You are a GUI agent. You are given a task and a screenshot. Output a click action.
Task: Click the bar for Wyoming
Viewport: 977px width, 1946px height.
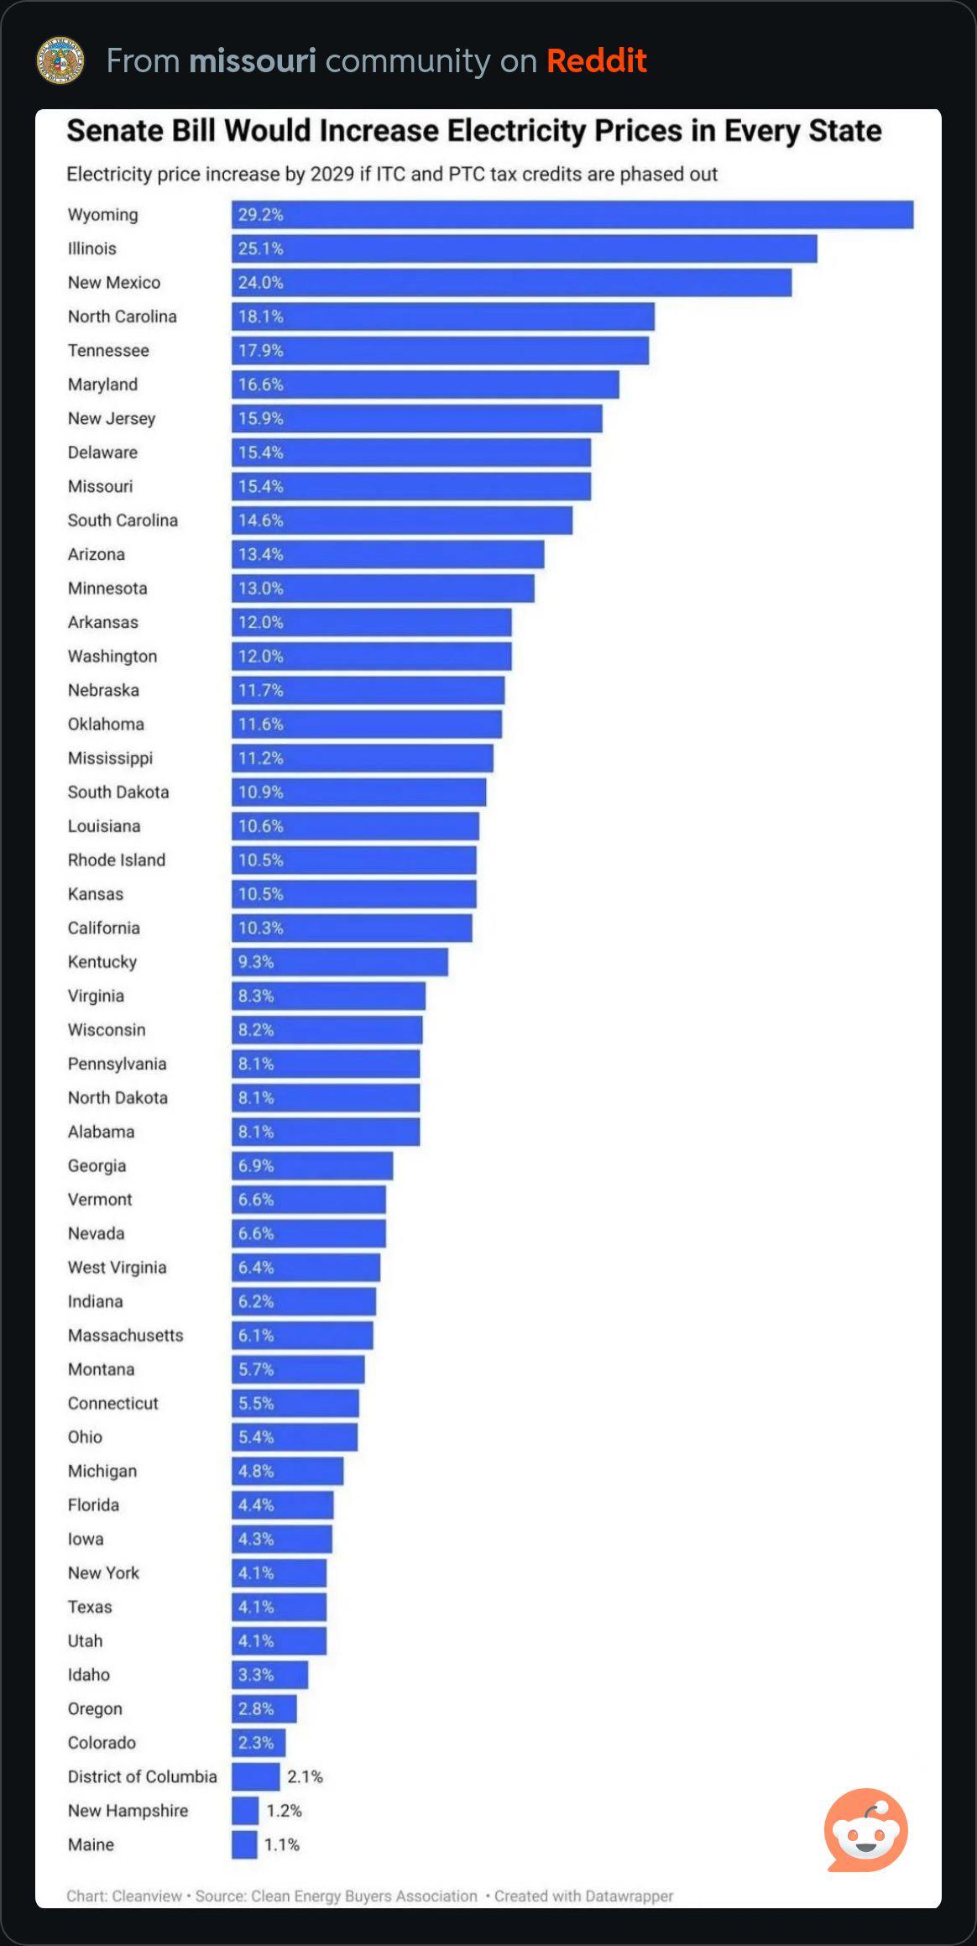[x=572, y=215]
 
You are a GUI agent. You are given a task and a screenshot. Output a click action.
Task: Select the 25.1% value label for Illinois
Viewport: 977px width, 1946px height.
[x=260, y=249]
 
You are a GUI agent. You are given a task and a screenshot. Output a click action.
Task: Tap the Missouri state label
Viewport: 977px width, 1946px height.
[x=100, y=487]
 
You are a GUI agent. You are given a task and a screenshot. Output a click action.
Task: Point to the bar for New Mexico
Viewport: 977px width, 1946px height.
[x=512, y=283]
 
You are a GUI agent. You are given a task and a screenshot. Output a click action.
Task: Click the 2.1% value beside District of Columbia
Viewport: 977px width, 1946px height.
[x=305, y=1776]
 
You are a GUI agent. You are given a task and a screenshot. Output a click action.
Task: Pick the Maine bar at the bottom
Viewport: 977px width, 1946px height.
[x=244, y=1844]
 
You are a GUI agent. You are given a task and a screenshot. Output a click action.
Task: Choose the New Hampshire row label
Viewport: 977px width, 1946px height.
[x=128, y=1811]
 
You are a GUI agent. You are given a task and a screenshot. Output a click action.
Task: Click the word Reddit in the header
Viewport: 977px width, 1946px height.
[x=596, y=61]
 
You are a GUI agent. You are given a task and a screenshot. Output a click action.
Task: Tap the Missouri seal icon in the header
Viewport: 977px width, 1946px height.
[x=60, y=60]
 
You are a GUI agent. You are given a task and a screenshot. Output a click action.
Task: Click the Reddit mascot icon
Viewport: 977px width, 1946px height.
[x=866, y=1830]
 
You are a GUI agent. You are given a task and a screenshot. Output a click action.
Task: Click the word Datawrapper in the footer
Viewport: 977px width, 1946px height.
[x=625, y=1896]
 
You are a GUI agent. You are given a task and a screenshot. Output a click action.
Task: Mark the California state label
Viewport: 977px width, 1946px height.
[x=104, y=929]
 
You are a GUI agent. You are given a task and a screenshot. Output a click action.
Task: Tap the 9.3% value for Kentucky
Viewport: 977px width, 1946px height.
[x=256, y=962]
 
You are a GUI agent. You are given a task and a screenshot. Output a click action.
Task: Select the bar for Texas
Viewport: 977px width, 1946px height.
[x=279, y=1607]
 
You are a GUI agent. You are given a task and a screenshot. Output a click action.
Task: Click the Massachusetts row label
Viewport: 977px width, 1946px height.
[x=125, y=1336]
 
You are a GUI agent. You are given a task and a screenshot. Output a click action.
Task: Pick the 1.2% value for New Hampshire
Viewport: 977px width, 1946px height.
[x=284, y=1811]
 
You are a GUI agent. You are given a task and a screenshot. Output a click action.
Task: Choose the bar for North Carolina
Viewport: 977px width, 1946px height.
[x=443, y=317]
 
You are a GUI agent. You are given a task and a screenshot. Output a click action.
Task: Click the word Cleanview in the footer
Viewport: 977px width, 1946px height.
[x=147, y=1896]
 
